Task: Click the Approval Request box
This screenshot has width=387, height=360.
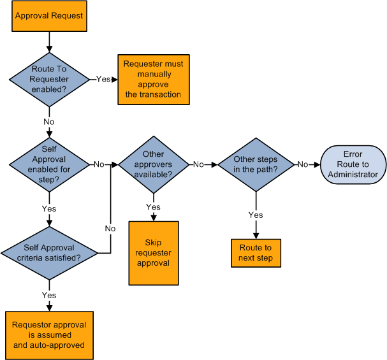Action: [x=49, y=16]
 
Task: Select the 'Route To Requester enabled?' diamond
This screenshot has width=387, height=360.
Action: [x=49, y=79]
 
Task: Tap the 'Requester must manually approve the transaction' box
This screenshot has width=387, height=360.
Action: [x=153, y=79]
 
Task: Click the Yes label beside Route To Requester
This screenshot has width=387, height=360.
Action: [x=103, y=79]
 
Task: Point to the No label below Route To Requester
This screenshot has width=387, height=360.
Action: [x=49, y=122]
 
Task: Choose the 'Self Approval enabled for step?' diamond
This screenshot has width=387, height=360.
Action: [x=49, y=164]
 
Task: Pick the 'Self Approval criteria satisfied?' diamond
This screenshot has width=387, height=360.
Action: [x=49, y=253]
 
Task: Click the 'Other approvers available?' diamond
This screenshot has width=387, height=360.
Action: [x=153, y=164]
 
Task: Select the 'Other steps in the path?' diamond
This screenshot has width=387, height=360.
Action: [x=255, y=164]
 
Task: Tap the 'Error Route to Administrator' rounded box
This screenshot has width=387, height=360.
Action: [x=353, y=164]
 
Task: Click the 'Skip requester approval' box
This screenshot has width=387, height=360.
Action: [x=153, y=253]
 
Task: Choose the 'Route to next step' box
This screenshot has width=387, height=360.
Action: [x=256, y=253]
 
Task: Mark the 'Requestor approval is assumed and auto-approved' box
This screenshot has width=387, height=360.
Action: [x=49, y=335]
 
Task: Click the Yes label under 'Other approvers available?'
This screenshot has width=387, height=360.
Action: [x=153, y=207]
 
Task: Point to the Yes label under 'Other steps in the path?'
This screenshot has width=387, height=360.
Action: [x=255, y=215]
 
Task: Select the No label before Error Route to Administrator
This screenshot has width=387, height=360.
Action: [x=303, y=164]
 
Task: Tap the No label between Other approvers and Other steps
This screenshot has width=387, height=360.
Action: [x=198, y=164]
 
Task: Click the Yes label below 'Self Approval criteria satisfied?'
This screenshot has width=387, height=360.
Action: [x=49, y=295]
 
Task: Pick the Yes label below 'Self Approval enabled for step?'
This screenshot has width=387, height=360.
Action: [x=49, y=208]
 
